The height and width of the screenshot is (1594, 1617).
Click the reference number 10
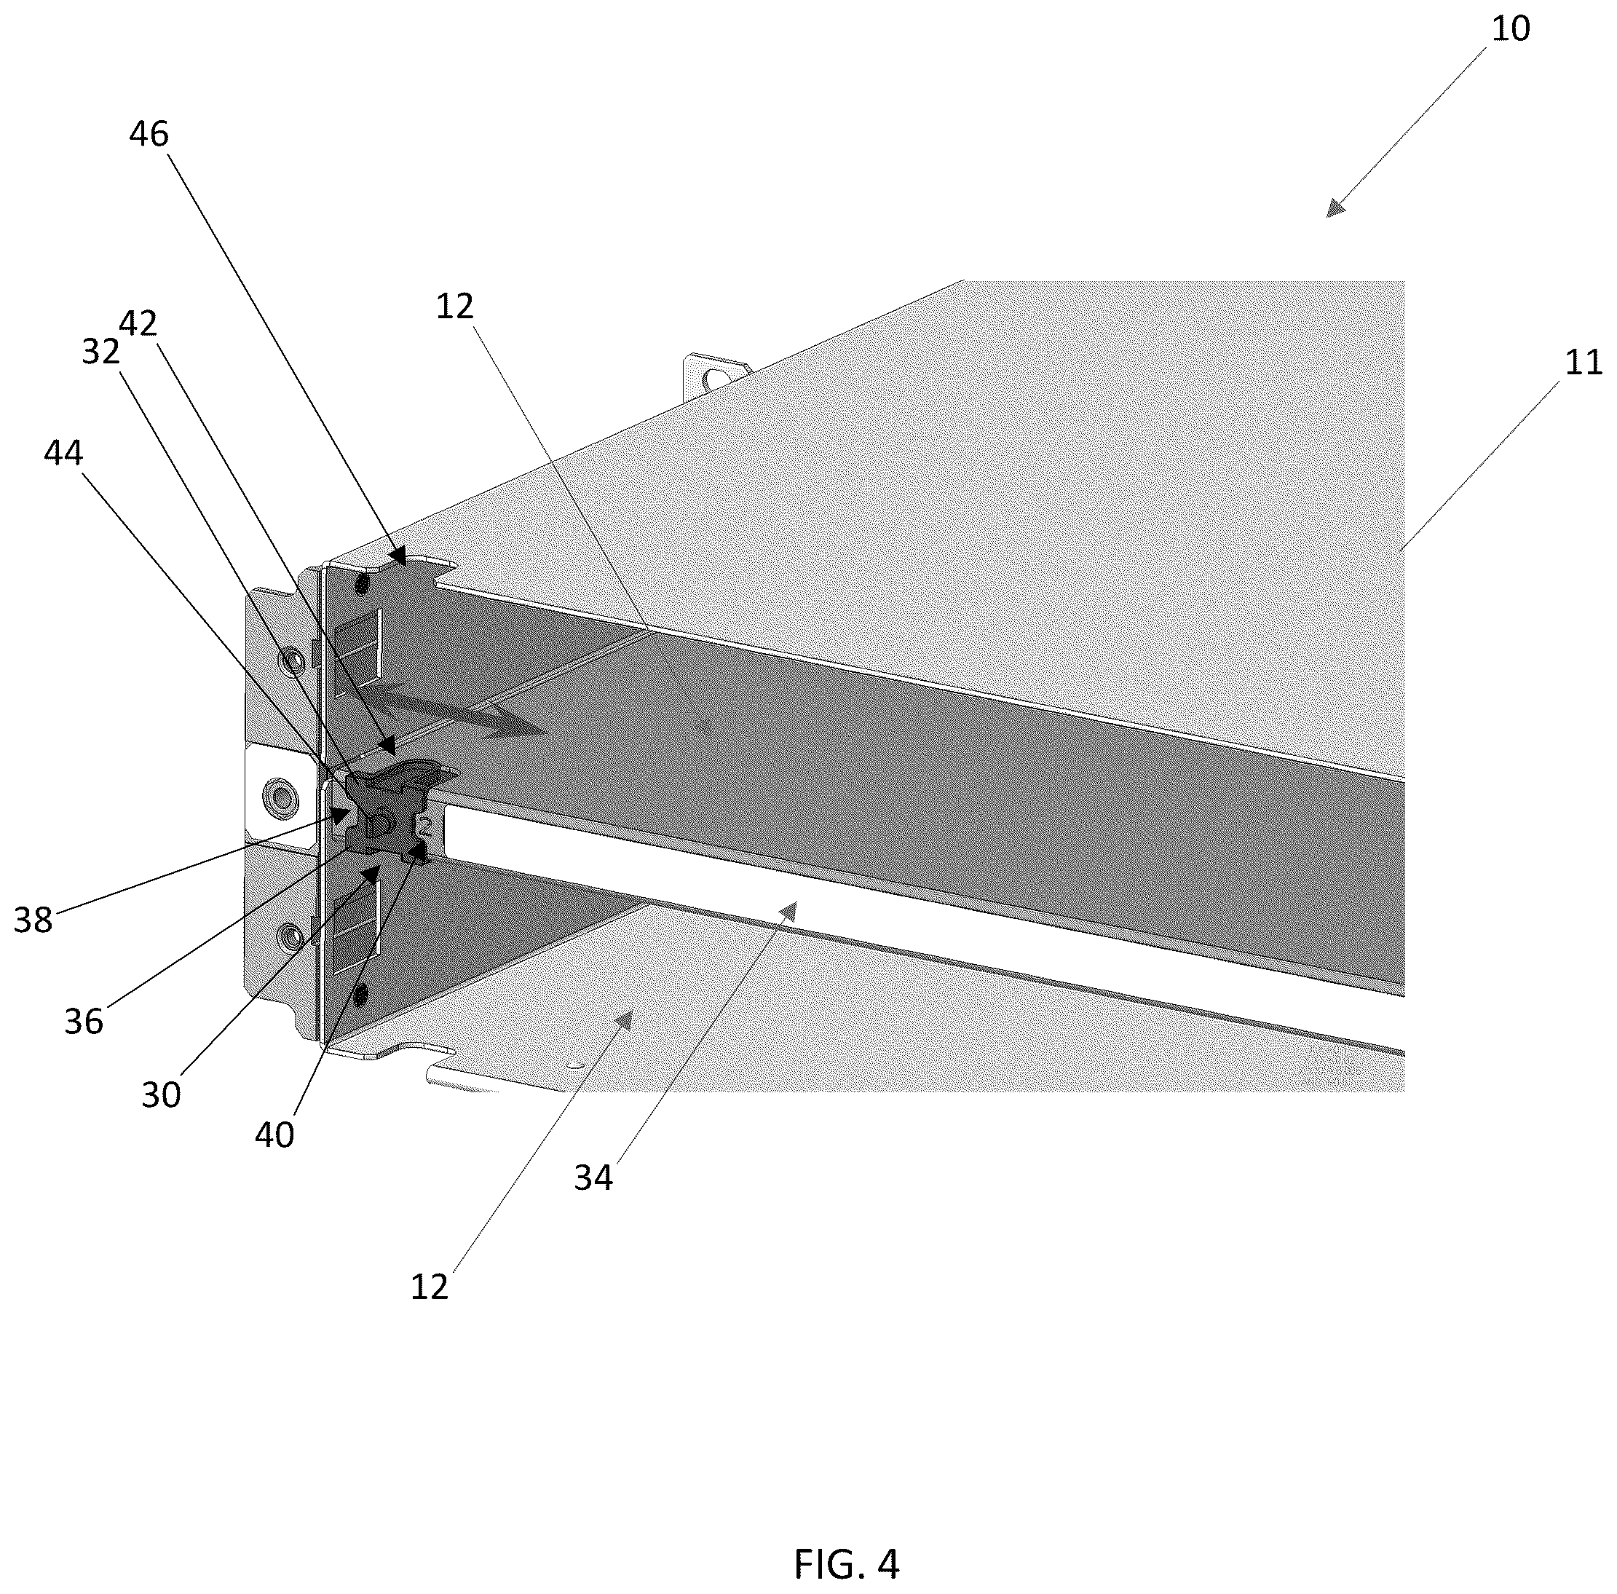click(1511, 28)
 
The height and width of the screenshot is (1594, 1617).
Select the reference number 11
click(1583, 363)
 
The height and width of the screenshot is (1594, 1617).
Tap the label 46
click(149, 134)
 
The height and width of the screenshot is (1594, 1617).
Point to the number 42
click(138, 323)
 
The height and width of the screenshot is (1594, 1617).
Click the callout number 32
click(101, 352)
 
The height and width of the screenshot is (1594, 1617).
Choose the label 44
click(63, 453)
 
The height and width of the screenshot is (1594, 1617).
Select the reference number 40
click(274, 1135)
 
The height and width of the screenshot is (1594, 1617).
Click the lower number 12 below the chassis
click(430, 1287)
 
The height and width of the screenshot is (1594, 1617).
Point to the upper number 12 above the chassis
click(455, 307)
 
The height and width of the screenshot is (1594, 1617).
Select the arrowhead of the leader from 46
click(399, 558)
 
